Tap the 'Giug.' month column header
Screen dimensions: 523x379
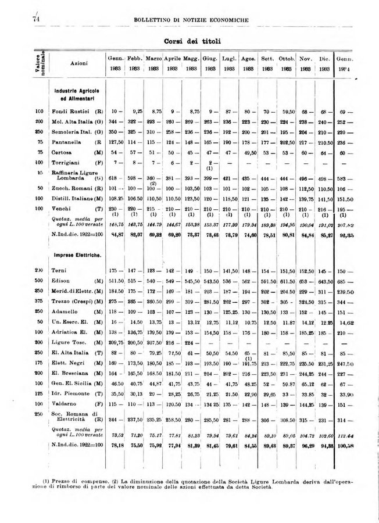click(210, 59)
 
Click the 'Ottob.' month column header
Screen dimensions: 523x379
click(287, 59)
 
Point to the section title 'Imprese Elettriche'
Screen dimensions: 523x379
click(76, 255)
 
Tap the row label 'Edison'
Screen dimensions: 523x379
click(61, 282)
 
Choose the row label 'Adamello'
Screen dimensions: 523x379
click(65, 312)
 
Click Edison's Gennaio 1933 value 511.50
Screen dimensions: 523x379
click(116, 282)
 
